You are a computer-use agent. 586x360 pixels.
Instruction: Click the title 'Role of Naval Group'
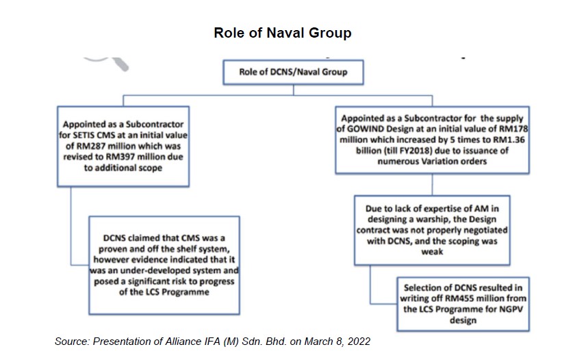click(x=282, y=32)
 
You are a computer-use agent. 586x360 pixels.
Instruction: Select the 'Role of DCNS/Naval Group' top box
click(x=292, y=71)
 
